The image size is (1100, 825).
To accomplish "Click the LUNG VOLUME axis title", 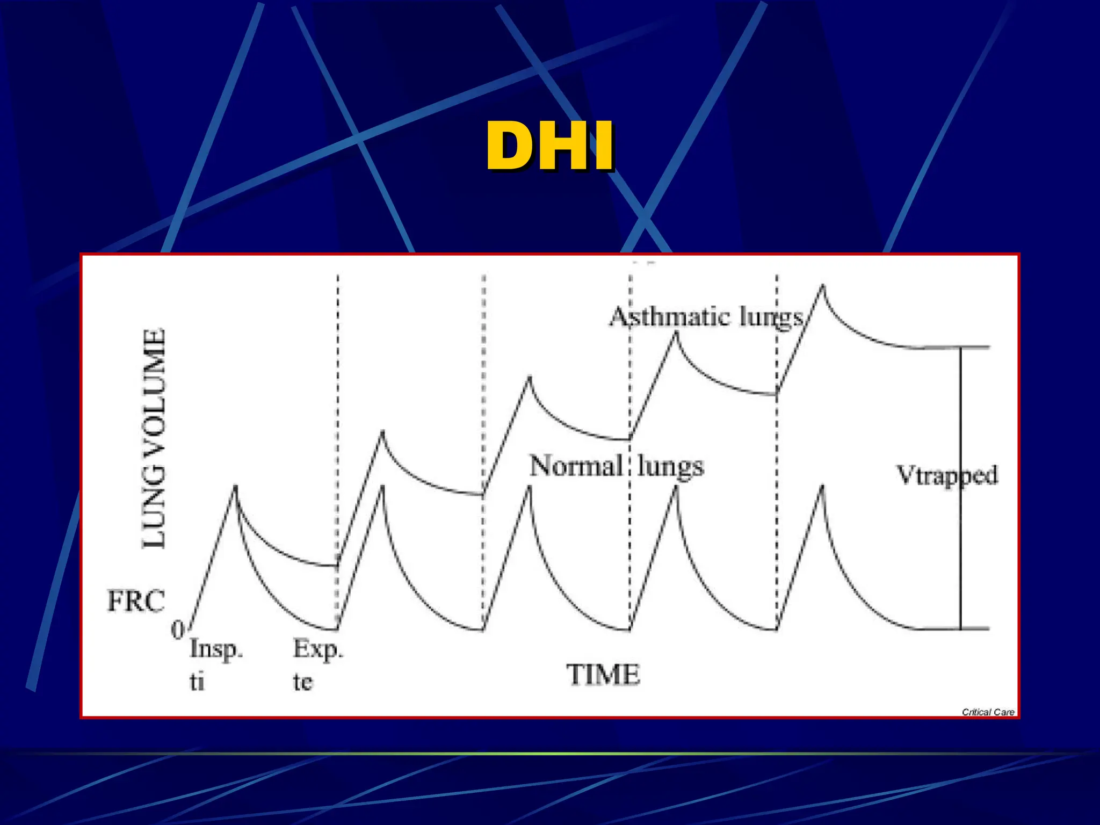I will [154, 438].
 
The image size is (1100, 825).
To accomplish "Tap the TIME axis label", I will [603, 675].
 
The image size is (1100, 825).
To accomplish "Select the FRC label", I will [136, 601].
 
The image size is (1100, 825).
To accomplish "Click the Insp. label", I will [216, 649].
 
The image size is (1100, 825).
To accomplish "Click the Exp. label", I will [317, 649].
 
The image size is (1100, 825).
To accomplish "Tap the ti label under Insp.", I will [197, 682].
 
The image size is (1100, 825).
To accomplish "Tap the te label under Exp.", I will [302, 682].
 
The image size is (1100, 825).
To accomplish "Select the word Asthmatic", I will [669, 317].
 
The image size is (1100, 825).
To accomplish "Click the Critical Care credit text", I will [988, 712].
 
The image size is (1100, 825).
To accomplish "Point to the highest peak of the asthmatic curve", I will [822, 286].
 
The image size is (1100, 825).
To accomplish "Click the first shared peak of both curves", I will [235, 487].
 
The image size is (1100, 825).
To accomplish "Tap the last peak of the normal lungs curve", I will [822, 487].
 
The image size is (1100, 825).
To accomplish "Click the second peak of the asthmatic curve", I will [382, 432].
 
